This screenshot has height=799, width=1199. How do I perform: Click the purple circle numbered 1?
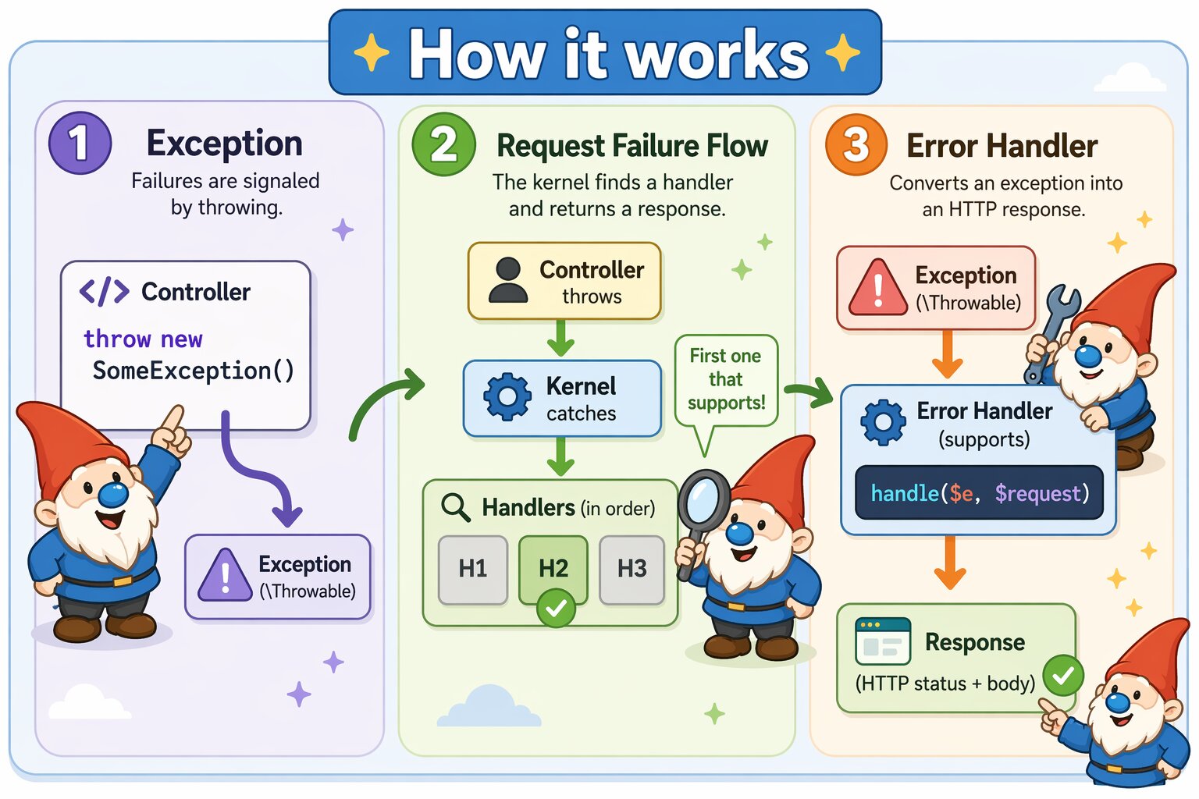point(80,143)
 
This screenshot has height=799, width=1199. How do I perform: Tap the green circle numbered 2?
point(443,144)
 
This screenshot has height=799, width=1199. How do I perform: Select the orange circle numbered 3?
point(856,144)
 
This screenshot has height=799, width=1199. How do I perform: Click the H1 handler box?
point(473,569)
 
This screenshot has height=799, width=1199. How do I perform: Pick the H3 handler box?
point(632,569)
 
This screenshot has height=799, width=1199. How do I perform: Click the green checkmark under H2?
point(556,609)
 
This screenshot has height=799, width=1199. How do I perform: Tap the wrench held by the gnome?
point(1053,328)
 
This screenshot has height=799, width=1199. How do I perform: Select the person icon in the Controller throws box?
point(508,280)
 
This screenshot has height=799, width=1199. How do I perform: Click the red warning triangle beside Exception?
point(877,289)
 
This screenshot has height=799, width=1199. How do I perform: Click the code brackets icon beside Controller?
point(104,292)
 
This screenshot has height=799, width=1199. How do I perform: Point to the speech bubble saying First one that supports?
point(726,381)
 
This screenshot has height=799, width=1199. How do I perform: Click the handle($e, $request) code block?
point(979,493)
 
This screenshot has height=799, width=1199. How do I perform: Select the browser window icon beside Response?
point(883,641)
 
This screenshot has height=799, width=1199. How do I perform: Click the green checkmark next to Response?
point(1063,676)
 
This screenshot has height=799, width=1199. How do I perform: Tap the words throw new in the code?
point(143,339)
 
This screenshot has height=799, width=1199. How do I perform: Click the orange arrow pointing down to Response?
point(950,563)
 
